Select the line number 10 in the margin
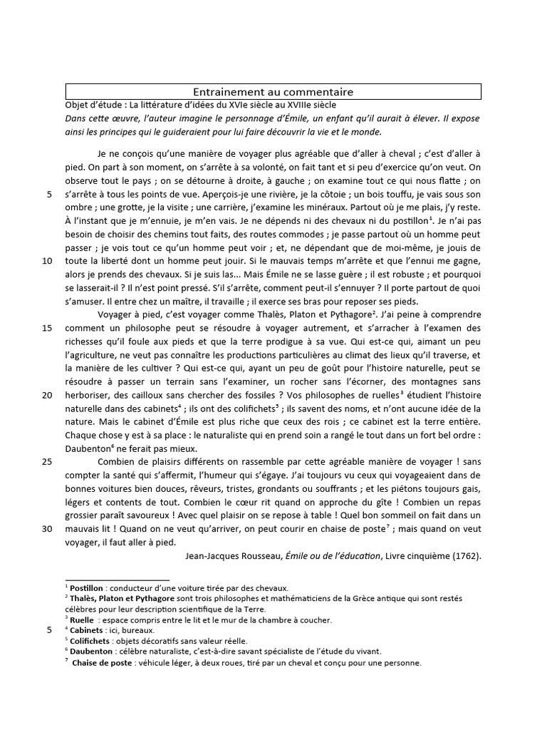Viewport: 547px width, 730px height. click(48, 262)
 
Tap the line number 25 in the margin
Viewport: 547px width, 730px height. click(48, 461)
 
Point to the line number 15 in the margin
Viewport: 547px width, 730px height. click(48, 328)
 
